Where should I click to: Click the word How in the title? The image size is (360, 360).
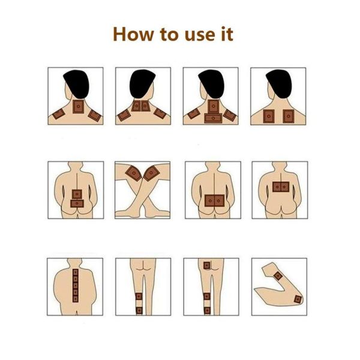(x=133, y=34)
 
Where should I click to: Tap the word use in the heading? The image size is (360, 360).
(x=199, y=35)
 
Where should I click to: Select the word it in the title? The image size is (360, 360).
(x=227, y=34)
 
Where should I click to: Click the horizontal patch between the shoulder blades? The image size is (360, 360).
(x=213, y=118)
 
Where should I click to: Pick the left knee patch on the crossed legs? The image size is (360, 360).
(x=133, y=173)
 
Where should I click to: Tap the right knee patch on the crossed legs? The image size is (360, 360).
(x=151, y=173)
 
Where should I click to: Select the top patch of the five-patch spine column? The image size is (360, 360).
(x=76, y=272)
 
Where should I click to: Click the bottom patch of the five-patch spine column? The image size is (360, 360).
(x=76, y=299)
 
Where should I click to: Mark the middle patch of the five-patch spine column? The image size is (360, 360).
(x=76, y=286)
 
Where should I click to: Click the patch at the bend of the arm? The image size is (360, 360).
(x=298, y=299)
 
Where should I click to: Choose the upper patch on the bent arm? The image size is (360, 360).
(x=278, y=276)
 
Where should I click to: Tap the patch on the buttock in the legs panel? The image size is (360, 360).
(x=206, y=265)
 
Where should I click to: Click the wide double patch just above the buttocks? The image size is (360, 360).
(x=214, y=200)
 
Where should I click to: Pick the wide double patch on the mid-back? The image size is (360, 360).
(x=281, y=187)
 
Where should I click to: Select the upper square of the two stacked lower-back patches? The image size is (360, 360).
(x=77, y=194)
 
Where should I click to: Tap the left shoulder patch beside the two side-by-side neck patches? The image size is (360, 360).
(x=124, y=115)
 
